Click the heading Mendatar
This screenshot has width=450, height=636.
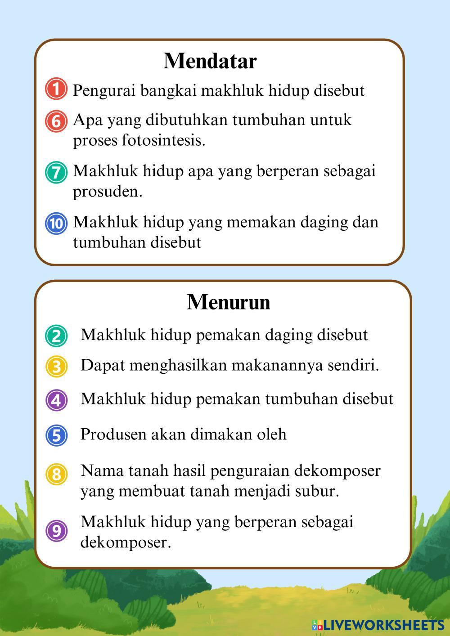pyautogui.click(x=210, y=61)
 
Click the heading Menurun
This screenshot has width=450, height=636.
pyautogui.click(x=228, y=302)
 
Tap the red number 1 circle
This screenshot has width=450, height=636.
pyautogui.click(x=56, y=89)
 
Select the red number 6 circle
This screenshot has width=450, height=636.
pyautogui.click(x=56, y=121)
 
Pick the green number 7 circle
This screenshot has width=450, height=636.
pyautogui.click(x=56, y=172)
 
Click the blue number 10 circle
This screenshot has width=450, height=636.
pyautogui.click(x=56, y=223)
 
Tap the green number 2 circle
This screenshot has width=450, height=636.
pyautogui.click(x=56, y=336)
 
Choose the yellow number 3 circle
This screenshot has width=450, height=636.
pyautogui.click(x=56, y=366)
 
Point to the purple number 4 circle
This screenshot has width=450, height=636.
pyautogui.click(x=56, y=400)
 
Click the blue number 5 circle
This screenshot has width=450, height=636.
pyautogui.click(x=56, y=435)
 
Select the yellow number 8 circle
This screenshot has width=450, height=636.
pyautogui.click(x=56, y=474)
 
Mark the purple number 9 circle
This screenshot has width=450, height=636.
pyautogui.click(x=56, y=531)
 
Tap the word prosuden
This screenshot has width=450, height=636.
pyautogui.click(x=108, y=192)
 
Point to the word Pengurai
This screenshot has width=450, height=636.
pyautogui.click(x=104, y=91)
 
